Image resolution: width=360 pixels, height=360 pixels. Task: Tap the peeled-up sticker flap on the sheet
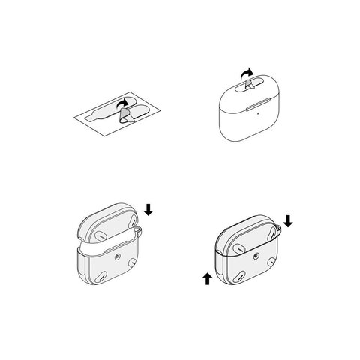[x=127, y=115]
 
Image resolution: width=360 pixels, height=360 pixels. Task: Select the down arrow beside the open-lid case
[x=148, y=211]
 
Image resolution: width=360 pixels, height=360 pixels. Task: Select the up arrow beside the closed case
[x=207, y=280]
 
